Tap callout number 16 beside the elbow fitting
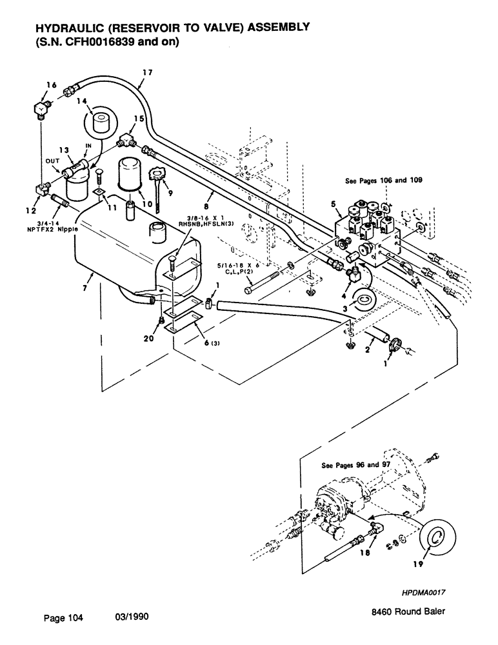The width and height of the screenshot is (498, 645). point(52,85)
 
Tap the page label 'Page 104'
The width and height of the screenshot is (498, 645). point(63,617)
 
